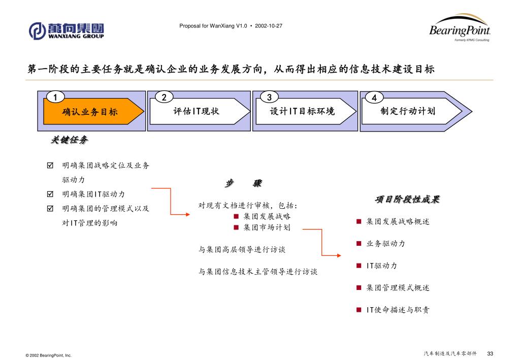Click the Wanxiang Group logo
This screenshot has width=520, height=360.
click(x=66, y=30)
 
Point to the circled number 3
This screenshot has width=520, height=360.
click(x=270, y=97)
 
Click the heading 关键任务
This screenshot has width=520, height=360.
click(x=69, y=140)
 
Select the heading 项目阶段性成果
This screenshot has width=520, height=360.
click(x=407, y=200)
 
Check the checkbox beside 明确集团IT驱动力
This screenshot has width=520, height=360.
click(x=50, y=194)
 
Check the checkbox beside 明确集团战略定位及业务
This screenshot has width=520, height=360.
click(x=50, y=166)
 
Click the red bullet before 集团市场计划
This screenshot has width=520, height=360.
click(x=236, y=227)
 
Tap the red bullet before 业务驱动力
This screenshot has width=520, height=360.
click(x=359, y=244)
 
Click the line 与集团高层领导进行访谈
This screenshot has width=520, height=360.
click(x=242, y=249)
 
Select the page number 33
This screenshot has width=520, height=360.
click(x=490, y=353)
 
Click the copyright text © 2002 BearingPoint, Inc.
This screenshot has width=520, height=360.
click(x=48, y=355)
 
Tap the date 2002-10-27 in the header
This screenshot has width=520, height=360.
click(x=269, y=25)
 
